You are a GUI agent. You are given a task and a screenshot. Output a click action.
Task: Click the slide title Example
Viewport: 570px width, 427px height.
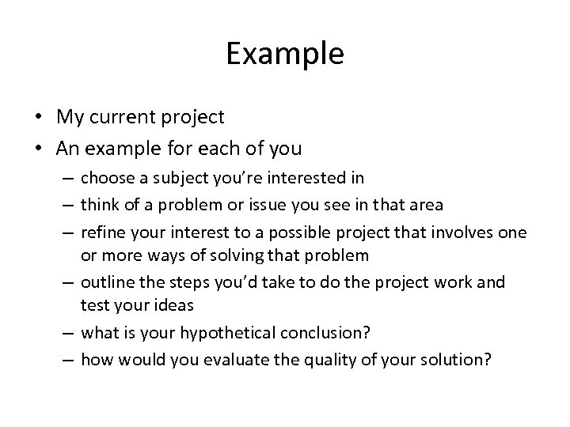[x=285, y=54]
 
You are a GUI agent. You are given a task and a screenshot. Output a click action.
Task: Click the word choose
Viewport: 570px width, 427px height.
[x=107, y=177]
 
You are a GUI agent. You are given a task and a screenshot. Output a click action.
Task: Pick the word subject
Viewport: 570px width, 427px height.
[x=174, y=177]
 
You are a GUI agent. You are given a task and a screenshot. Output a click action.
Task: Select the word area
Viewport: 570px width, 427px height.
[x=424, y=206]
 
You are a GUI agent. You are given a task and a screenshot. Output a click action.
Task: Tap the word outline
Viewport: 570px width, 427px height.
[x=105, y=282]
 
